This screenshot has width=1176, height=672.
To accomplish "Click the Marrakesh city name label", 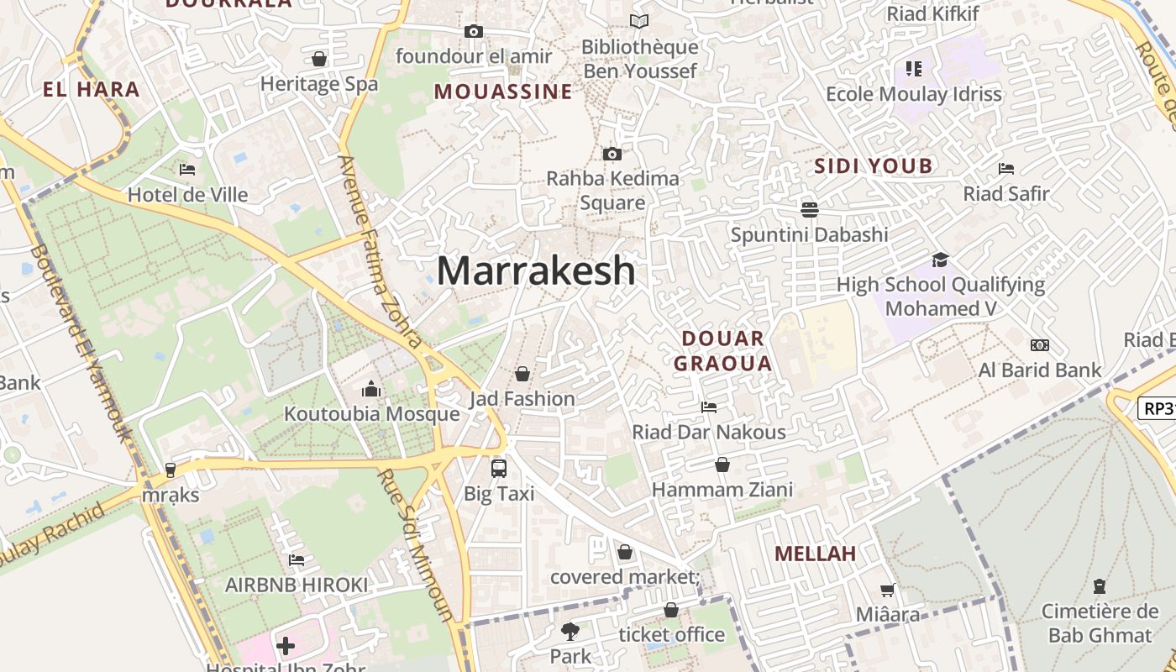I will point(536,271).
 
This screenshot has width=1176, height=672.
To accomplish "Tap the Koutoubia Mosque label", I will point(371,414).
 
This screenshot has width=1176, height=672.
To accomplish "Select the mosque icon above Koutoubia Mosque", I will point(371,389).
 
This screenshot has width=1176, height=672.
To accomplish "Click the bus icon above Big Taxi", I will point(499,468).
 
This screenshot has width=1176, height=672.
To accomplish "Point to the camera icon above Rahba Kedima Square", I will point(612,154).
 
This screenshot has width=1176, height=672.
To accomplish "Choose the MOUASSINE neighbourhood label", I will point(503,92).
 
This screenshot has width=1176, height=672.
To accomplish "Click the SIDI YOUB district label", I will point(874,166).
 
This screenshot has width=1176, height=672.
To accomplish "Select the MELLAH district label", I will point(815,554).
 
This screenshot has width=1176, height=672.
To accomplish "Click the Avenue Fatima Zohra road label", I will point(380,250).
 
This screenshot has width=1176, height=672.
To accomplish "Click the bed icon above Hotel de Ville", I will point(187,170).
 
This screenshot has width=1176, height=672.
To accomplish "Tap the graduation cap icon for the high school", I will point(940,260).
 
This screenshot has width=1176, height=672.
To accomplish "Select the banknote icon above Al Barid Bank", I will point(1040,345).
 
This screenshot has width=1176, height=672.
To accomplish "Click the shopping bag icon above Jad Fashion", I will point(522,374).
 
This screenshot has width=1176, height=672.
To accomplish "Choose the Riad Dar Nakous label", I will point(709,433).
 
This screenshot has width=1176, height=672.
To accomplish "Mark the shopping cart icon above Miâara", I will point(888,591).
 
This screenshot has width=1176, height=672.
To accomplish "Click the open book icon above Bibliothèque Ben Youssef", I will point(640,22).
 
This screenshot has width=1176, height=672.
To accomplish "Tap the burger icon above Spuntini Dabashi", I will point(810,209).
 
